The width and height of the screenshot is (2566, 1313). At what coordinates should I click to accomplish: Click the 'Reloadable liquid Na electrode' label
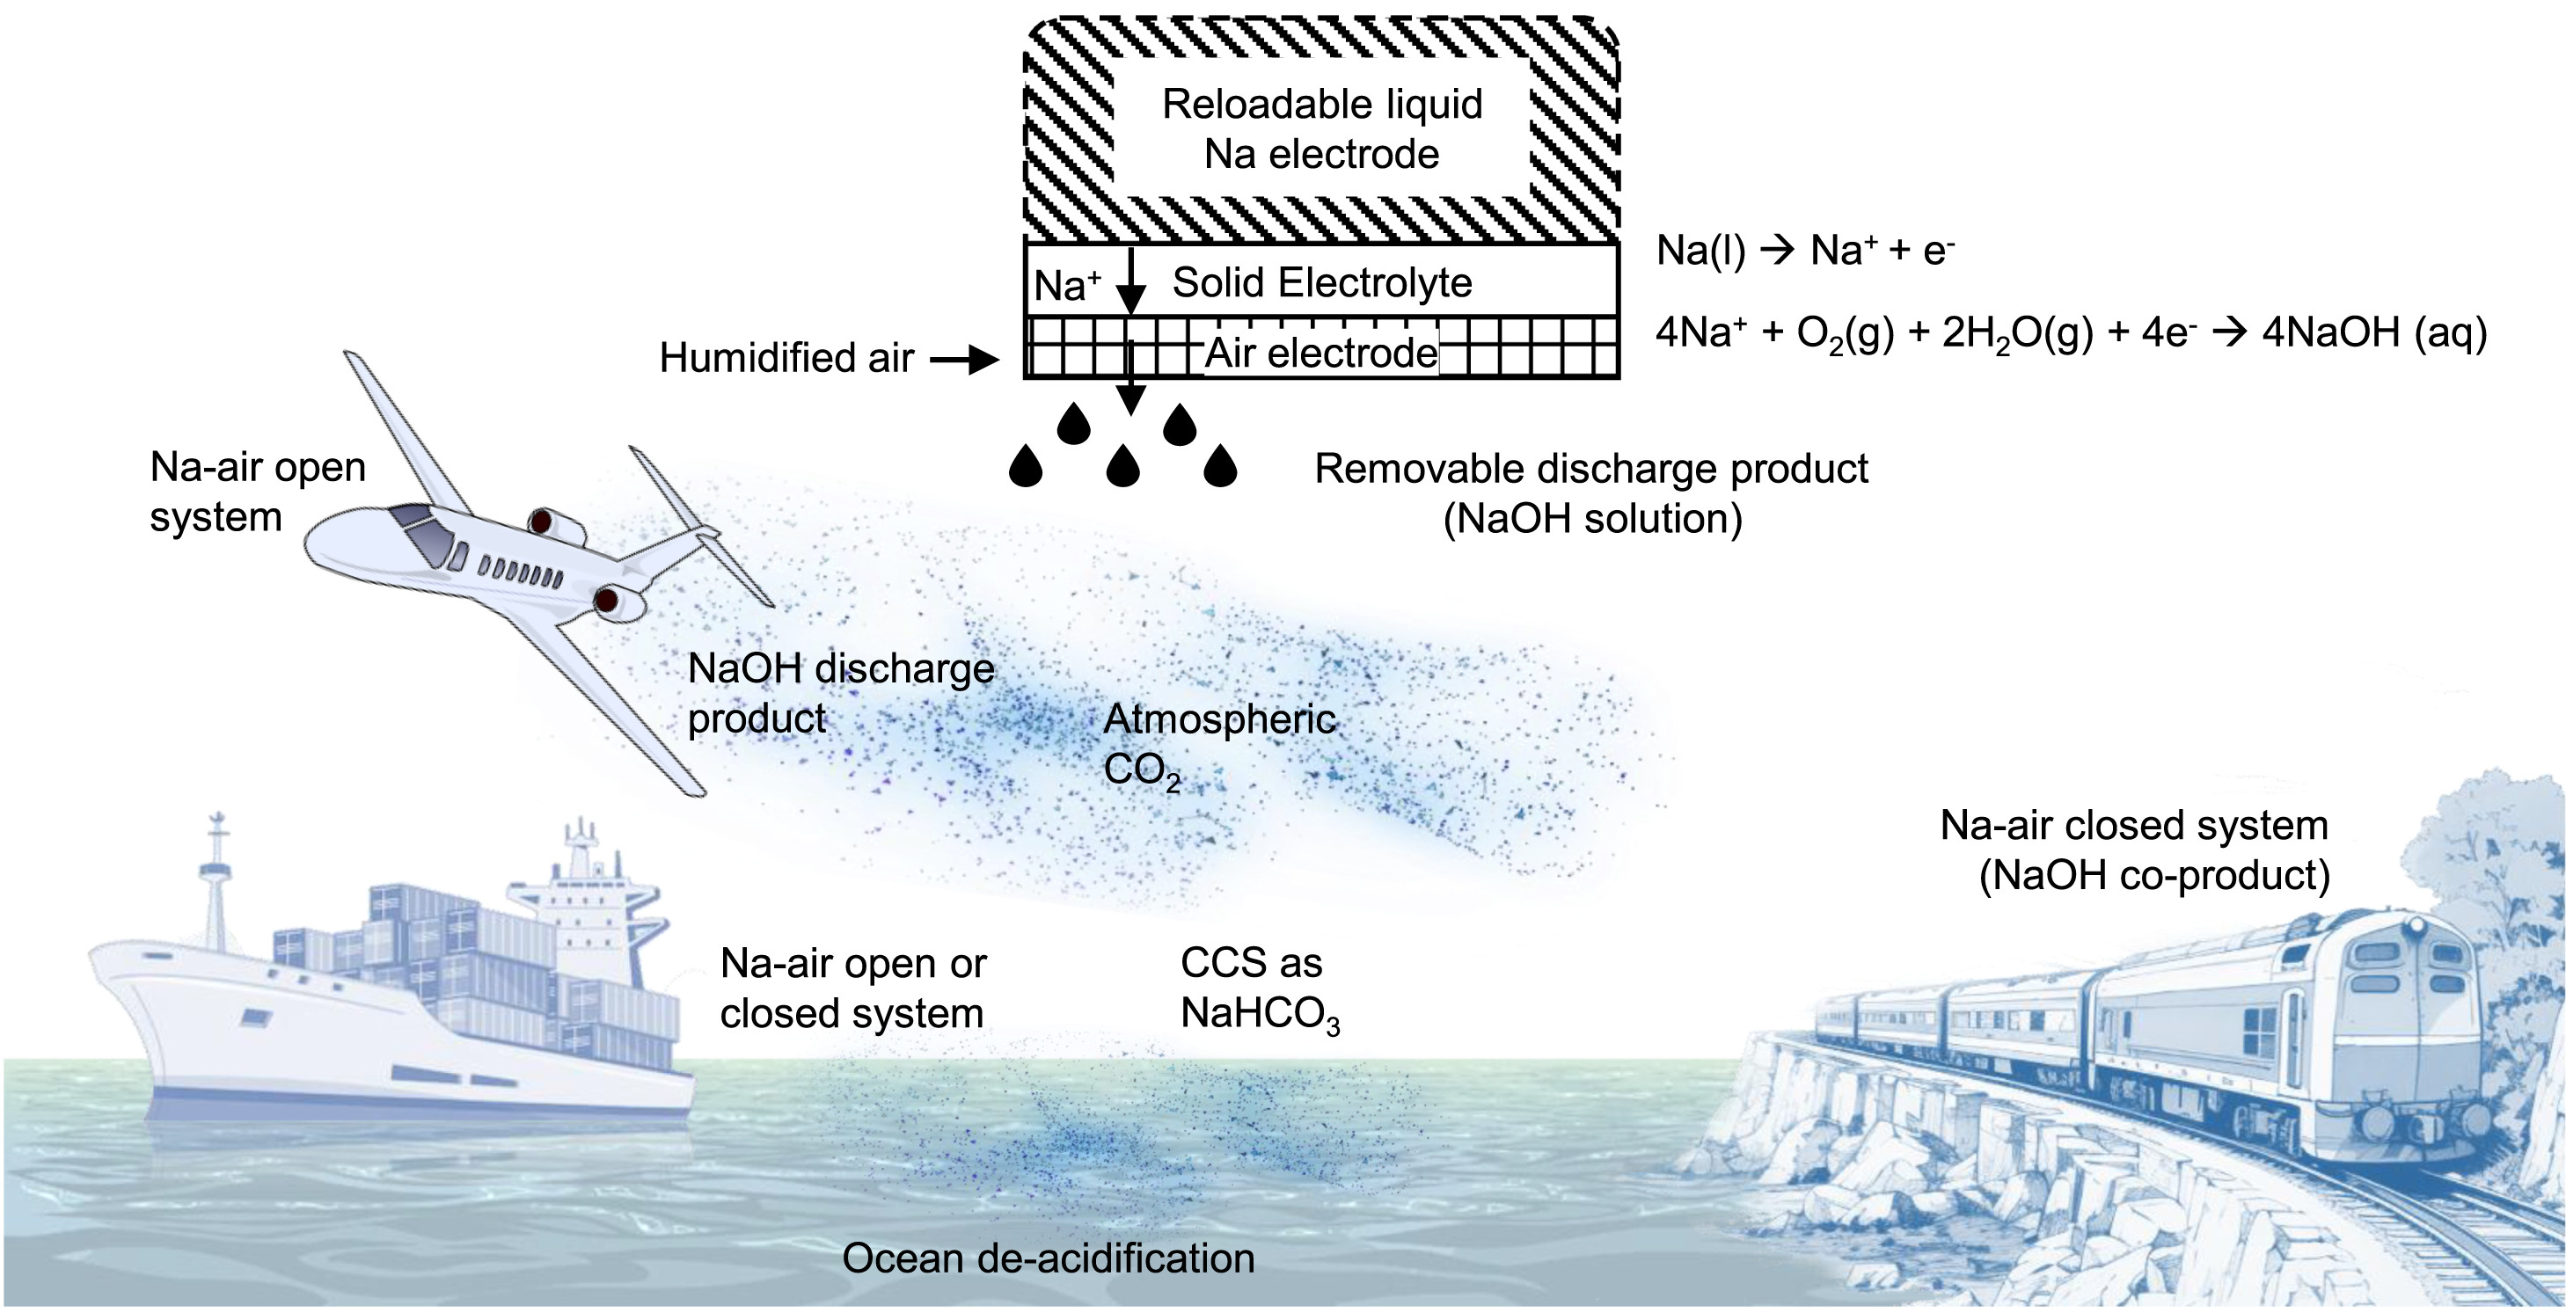tap(1322, 129)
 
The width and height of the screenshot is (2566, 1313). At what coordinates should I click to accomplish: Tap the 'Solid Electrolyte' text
tap(1322, 283)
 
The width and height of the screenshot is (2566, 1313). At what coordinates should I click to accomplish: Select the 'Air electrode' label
tap(1321, 354)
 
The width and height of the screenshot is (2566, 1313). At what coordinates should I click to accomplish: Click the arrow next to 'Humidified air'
tap(963, 360)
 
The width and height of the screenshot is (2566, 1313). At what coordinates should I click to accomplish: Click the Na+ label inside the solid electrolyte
tap(1066, 286)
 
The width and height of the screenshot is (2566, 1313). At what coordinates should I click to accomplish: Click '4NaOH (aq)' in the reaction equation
tap(2373, 332)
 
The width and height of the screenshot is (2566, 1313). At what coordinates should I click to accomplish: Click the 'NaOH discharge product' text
tap(840, 693)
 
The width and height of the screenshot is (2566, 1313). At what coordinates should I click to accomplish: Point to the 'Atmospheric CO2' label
tap(1219, 744)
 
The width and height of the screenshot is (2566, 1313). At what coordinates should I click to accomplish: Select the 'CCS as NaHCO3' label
tap(1259, 988)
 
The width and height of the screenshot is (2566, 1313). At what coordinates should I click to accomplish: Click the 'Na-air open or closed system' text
tap(852, 988)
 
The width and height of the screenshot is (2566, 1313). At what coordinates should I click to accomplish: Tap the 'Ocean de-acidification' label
tap(1048, 1258)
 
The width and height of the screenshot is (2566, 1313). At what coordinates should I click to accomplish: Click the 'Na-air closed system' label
tap(2134, 850)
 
